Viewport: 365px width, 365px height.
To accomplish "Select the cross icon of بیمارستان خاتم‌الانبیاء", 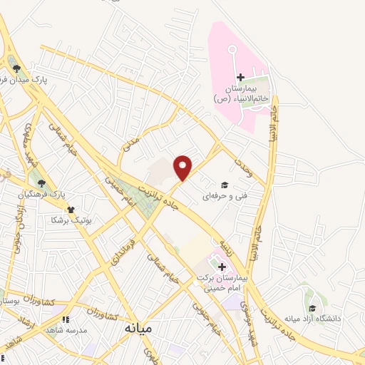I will click(x=240, y=78).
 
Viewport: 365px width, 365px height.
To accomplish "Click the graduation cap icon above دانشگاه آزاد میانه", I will click(x=312, y=307).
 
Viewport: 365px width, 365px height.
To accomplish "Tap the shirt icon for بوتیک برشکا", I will click(x=71, y=209).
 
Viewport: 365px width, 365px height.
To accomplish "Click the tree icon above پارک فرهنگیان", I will click(x=41, y=182).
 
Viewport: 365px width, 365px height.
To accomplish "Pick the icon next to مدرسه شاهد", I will click(x=66, y=321).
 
